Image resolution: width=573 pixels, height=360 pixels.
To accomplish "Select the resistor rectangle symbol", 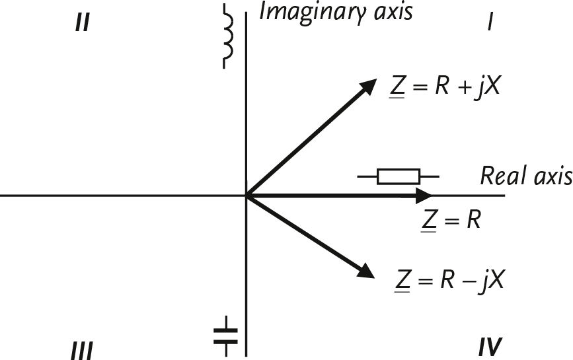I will pos(398,176).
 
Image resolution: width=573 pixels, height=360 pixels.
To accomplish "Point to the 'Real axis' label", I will pos(525,176).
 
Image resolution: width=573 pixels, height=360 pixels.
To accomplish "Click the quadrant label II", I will pos(82,24).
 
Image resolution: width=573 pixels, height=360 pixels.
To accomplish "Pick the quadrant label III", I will pos(81,349).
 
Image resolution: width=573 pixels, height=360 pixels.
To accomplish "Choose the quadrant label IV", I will pos(490,346).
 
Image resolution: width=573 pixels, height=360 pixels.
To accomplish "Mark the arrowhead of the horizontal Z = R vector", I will pos(422,196).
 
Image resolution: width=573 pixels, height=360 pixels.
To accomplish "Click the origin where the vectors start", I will pos(247,196).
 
